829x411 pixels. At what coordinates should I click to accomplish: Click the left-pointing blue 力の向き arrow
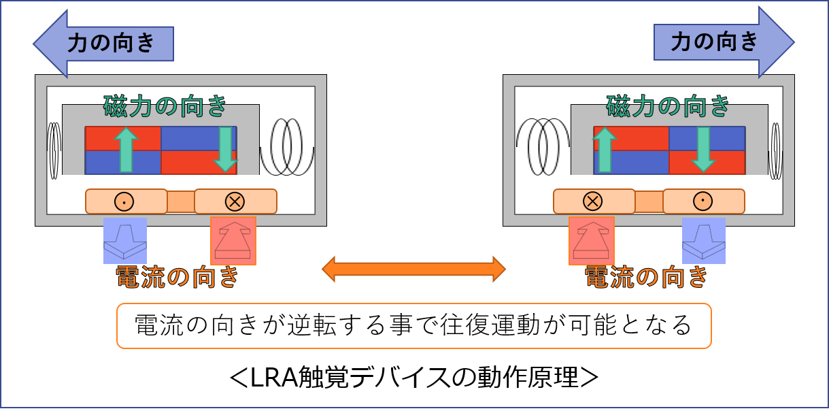point(103,44)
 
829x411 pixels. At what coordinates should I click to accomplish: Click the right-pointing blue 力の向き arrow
point(724,42)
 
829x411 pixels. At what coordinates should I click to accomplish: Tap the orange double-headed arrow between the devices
point(413,269)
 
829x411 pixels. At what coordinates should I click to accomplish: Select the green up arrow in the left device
point(126,150)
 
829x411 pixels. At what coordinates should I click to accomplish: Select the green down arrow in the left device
point(225,150)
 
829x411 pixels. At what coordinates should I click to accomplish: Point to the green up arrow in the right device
point(605,150)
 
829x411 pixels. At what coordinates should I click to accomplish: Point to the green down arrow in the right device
point(704,150)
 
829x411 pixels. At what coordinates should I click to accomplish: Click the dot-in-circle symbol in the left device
point(124,202)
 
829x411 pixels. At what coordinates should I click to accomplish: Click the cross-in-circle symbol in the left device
point(235,202)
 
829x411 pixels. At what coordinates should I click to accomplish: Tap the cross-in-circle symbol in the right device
point(592,202)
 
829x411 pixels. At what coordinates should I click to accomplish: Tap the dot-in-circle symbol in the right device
point(703,202)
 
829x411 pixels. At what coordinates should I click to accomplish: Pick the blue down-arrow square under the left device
point(125,241)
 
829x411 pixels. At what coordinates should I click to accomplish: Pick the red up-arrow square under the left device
point(233,241)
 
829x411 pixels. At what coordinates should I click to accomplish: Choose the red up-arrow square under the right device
point(592,241)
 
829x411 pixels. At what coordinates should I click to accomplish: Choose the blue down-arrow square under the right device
point(704,241)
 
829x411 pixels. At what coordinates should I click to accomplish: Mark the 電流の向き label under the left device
point(177,277)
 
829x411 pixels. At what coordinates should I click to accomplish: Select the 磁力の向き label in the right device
point(668,106)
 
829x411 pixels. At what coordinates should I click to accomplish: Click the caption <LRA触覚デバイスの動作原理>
point(413,377)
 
